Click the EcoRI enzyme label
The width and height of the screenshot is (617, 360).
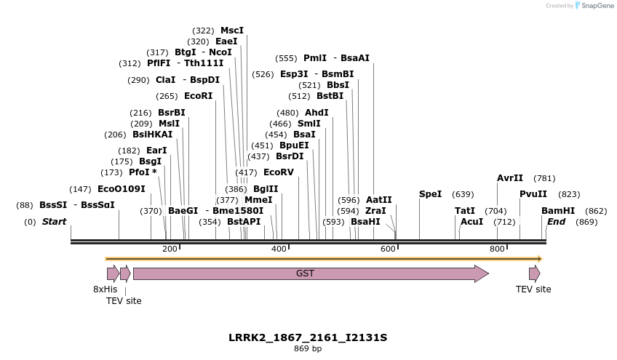pyautogui.click(x=198, y=96)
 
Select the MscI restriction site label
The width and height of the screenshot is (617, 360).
pyautogui.click(x=232, y=31)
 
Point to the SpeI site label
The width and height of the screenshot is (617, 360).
pyautogui.click(x=430, y=194)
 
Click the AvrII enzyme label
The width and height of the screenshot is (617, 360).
pyautogui.click(x=510, y=178)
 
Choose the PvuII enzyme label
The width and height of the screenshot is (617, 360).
pyautogui.click(x=533, y=194)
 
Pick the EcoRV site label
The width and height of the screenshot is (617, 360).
pyautogui.click(x=278, y=172)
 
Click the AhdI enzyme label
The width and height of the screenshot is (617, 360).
pyautogui.click(x=317, y=113)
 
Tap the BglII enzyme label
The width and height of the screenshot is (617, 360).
pyautogui.click(x=266, y=188)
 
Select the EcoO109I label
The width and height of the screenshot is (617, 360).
pyautogui.click(x=121, y=189)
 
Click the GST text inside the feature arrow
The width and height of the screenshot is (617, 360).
pyautogui.click(x=305, y=273)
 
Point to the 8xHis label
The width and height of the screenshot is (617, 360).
pyautogui.click(x=105, y=289)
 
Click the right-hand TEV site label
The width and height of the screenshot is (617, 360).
pyautogui.click(x=533, y=289)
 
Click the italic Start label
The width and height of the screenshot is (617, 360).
pyautogui.click(x=54, y=222)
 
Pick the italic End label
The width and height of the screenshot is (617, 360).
pyautogui.click(x=556, y=222)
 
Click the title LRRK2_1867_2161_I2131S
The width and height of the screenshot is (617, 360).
pyautogui.click(x=308, y=337)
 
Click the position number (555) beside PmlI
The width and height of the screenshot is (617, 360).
pyautogui.click(x=286, y=58)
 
